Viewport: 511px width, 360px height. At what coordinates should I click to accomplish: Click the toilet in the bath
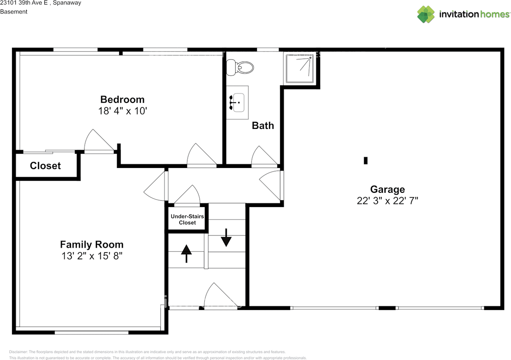tap(240, 67)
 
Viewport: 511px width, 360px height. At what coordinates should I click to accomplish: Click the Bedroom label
tap(123, 99)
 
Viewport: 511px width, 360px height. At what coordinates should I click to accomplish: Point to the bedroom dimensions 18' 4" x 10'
tap(123, 111)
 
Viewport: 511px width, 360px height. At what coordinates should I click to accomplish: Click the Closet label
tap(46, 166)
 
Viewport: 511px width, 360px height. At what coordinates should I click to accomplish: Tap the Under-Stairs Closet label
tap(187, 219)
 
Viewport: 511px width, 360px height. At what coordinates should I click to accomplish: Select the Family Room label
tap(92, 244)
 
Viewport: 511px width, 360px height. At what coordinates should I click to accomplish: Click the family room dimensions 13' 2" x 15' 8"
tap(92, 256)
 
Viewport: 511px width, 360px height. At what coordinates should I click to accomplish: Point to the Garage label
tap(388, 189)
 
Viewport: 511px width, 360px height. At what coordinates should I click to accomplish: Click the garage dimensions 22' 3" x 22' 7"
tap(388, 200)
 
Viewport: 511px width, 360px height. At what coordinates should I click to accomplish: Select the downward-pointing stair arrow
tap(226, 238)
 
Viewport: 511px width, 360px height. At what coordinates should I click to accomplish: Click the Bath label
tap(263, 125)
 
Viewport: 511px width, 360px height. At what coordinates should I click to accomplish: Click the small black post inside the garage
tap(366, 160)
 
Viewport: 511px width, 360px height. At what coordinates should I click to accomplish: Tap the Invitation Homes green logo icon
tap(426, 14)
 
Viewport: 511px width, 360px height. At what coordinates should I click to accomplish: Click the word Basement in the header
tap(14, 12)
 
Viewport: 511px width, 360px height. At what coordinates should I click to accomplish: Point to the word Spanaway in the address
tap(67, 3)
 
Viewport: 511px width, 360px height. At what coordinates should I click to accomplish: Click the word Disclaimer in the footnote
tap(18, 352)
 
